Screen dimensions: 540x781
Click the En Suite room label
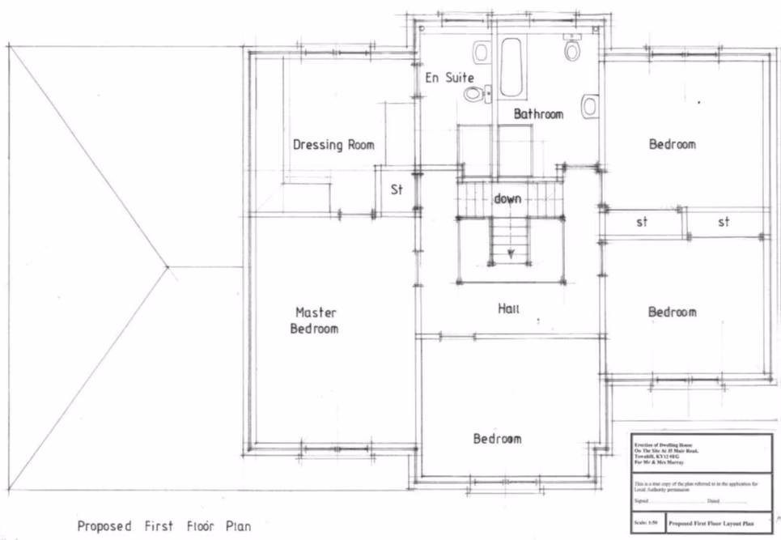[450, 78]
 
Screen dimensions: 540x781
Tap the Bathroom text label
[538, 114]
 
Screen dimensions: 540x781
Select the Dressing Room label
[333, 145]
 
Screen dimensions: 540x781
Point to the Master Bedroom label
[315, 321]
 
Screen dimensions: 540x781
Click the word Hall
[508, 308]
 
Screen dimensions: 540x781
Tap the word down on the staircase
[507, 198]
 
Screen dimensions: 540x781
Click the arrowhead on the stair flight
[511, 253]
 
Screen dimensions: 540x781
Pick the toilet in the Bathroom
[572, 50]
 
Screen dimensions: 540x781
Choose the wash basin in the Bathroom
[590, 105]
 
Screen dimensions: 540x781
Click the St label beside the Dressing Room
[397, 190]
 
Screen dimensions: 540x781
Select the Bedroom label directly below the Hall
[497, 439]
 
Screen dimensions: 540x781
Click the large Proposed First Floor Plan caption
[163, 525]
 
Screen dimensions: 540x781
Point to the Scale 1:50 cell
[646, 523]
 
